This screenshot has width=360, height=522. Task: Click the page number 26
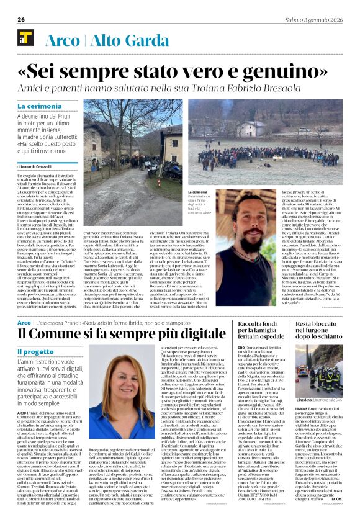[21, 20]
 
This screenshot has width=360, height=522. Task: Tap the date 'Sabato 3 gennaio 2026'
[311, 20]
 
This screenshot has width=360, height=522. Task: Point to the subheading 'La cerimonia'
[39, 107]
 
